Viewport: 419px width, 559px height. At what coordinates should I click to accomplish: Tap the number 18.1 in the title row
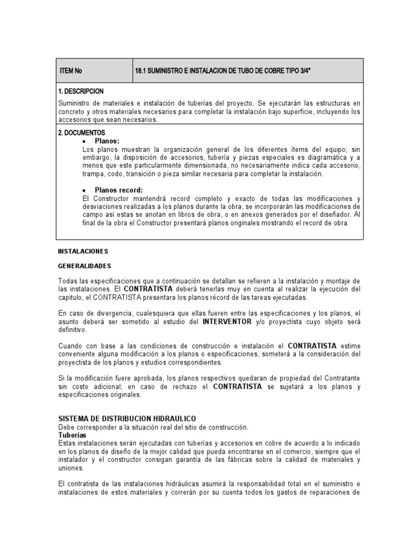pyautogui.click(x=140, y=71)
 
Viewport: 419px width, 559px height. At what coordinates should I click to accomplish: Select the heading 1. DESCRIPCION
pyautogui.click(x=81, y=91)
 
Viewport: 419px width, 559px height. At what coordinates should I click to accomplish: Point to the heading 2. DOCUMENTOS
pyautogui.click(x=81, y=133)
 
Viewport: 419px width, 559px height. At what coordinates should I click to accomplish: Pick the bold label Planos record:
pyautogui.click(x=119, y=190)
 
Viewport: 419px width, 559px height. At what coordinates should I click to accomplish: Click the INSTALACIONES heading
pyautogui.click(x=83, y=252)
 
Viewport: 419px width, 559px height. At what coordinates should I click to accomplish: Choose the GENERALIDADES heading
pyautogui.click(x=84, y=266)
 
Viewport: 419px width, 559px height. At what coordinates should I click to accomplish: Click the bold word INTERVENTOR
pyautogui.click(x=227, y=322)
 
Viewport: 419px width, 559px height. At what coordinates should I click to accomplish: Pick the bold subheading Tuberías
pyautogui.click(x=71, y=435)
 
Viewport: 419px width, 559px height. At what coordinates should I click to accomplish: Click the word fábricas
pyautogui.click(x=289, y=460)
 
